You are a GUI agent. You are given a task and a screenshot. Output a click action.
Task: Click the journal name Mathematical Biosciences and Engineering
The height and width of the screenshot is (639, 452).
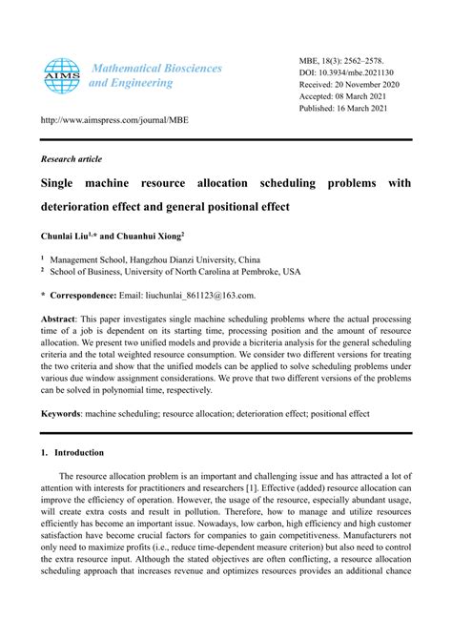coord(154,75)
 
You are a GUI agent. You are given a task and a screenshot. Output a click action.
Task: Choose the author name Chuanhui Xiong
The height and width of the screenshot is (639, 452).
coord(152,233)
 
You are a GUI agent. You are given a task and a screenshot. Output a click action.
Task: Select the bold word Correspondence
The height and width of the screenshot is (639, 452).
coord(83,297)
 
